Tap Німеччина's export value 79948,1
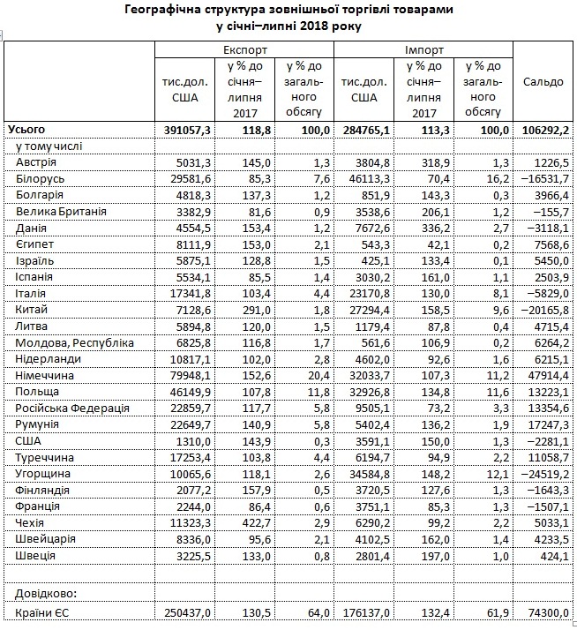click(188, 375)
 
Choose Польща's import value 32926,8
click(367, 392)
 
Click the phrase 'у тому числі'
click(43, 146)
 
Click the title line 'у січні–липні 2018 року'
click(289, 26)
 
